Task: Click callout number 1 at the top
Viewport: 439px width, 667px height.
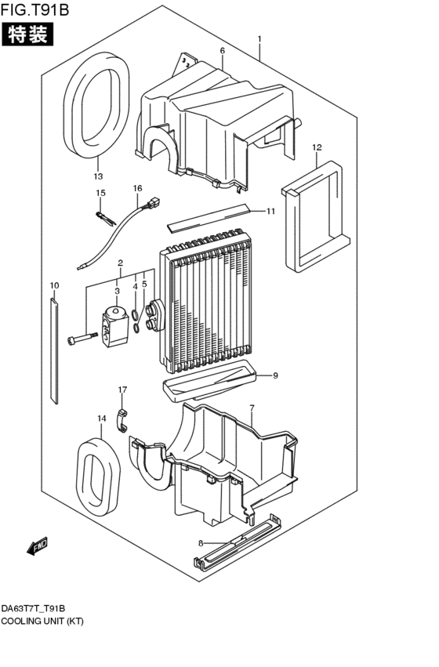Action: [x=259, y=39]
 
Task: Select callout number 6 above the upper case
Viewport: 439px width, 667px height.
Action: [x=222, y=51]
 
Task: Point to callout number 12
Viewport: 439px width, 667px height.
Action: [x=317, y=147]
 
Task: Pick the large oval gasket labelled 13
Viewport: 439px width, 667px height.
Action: [x=99, y=106]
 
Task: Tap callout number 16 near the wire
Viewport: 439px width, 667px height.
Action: [x=137, y=188]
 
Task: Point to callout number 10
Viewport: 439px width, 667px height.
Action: [x=54, y=285]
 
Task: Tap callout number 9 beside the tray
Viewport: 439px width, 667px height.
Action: [x=275, y=375]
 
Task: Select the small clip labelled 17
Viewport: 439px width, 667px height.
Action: [x=122, y=419]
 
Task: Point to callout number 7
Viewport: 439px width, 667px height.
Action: [x=252, y=408]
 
